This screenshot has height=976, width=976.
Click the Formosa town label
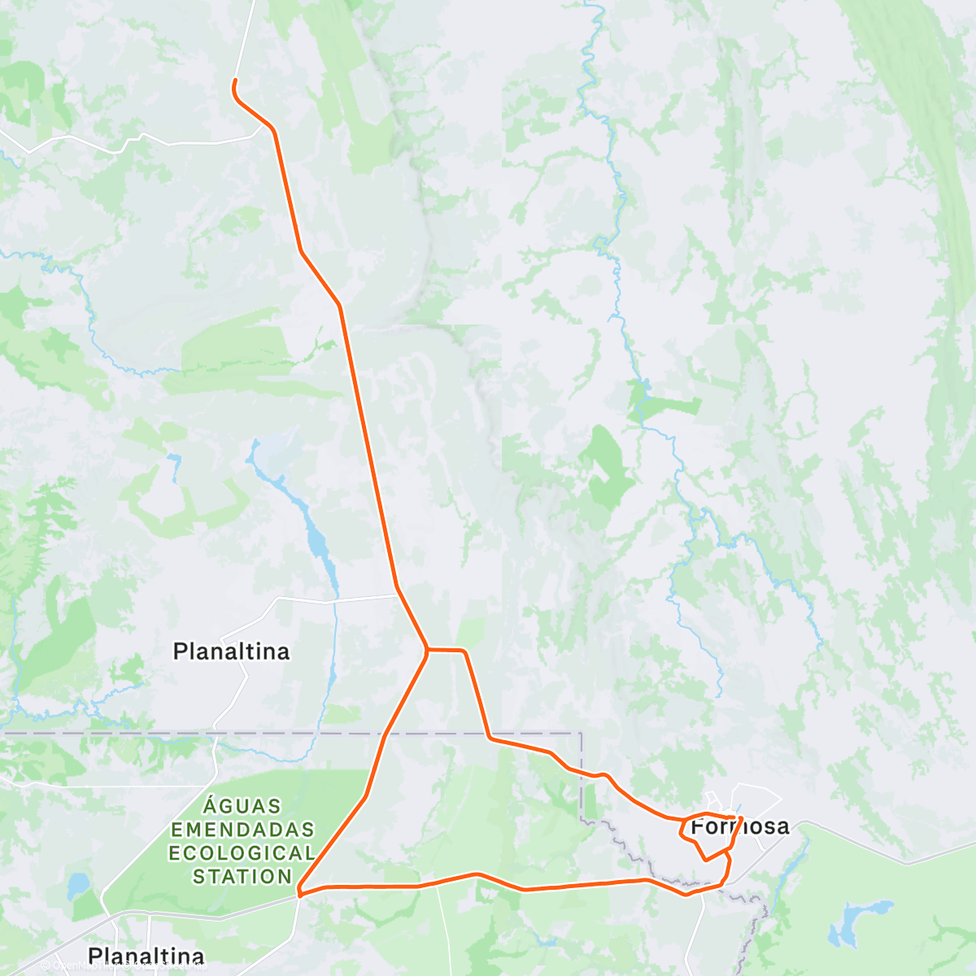pos(739,826)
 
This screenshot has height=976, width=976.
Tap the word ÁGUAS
pos(242,807)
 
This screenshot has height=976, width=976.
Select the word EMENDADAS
pos(242,830)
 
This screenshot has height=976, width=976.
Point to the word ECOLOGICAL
pos(242,853)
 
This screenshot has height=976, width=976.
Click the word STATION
pos(242,877)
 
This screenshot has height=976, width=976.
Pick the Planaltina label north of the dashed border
pos(231,651)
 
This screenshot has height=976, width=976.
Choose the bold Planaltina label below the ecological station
pos(146,956)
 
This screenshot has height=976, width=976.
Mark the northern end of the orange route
pos(235,81)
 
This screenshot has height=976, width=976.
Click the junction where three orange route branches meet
pos(427,649)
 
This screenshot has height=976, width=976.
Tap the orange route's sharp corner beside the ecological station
pos(300,893)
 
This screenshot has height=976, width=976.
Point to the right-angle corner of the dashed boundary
pos(582,734)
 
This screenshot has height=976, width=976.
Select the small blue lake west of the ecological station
pos(79,884)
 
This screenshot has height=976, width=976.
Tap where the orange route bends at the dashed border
pos(490,738)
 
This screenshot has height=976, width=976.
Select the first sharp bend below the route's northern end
pos(274,130)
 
